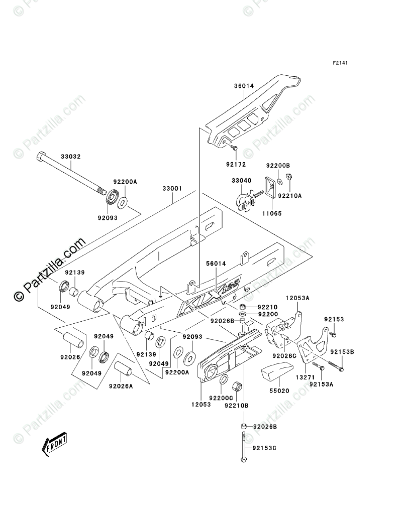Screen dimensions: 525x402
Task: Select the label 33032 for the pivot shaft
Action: pyautogui.click(x=71, y=157)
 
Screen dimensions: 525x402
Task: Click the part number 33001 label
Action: pyautogui.click(x=172, y=188)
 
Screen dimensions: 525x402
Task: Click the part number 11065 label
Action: pyautogui.click(x=272, y=213)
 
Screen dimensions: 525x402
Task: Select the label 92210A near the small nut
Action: pyautogui.click(x=290, y=196)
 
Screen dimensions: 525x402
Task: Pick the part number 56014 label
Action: pyautogui.click(x=216, y=262)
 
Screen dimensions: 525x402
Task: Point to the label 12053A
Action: pyautogui.click(x=298, y=298)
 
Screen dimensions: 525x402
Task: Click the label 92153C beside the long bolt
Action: pyautogui.click(x=265, y=448)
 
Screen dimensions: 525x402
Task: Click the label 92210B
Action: pyautogui.click(x=237, y=405)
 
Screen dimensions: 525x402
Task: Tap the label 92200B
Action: pyautogui.click(x=278, y=165)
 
